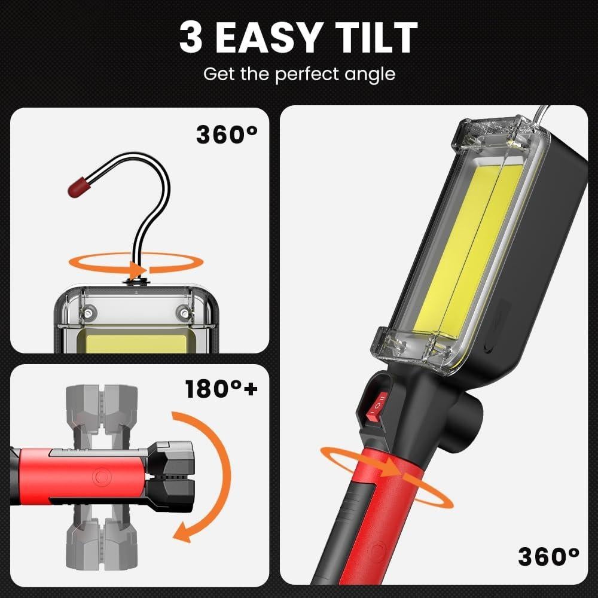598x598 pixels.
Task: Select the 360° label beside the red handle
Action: (548, 557)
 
